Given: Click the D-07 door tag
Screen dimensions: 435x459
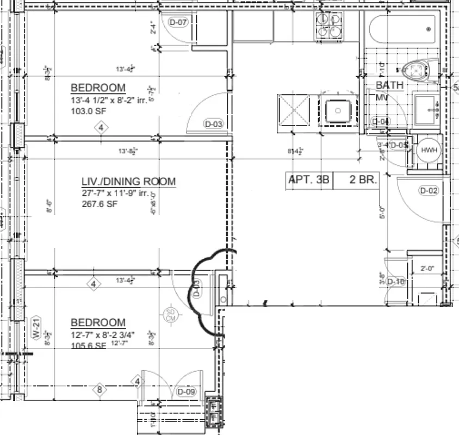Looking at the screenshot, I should coord(178,22).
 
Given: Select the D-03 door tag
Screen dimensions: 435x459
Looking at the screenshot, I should coord(214,124).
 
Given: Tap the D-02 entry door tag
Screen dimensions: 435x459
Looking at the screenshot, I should coord(429,190).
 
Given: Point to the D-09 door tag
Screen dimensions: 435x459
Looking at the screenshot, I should coord(186,392).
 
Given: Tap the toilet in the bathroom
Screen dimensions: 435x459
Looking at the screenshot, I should coord(416,70).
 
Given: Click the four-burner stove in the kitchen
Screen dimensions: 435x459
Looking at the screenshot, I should coord(329,26).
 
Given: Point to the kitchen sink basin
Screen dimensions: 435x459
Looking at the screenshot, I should coord(338,111).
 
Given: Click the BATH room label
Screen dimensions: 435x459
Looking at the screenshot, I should coord(390,85).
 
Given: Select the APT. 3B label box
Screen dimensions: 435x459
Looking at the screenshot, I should coord(308,180).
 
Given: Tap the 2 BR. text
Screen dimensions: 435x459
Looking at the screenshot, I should coord(363,180).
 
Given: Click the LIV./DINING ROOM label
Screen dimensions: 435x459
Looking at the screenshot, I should coord(128,182).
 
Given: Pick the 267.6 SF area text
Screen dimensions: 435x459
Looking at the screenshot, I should coord(100,204).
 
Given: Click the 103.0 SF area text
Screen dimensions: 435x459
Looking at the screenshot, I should coord(89,111).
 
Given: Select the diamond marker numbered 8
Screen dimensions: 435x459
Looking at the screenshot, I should coord(100,389).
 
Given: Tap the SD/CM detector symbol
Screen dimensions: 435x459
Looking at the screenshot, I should coord(170,315).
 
